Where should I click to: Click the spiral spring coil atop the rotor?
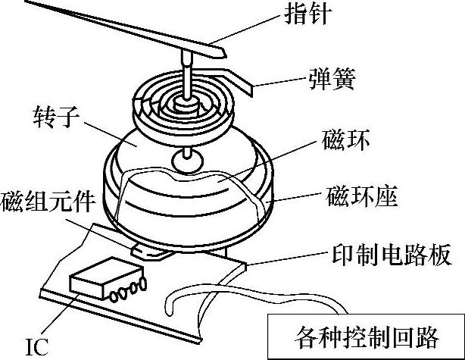coord(182,105)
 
